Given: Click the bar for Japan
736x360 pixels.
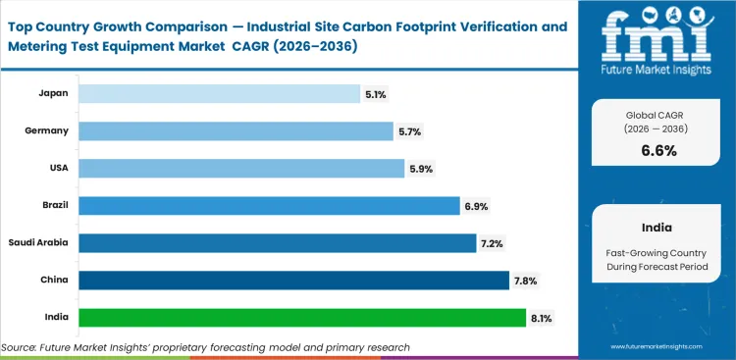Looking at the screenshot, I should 219,93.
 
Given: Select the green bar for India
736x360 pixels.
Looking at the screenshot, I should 302,318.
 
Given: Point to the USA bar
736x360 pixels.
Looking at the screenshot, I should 241,169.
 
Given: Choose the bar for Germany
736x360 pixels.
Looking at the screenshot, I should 237,130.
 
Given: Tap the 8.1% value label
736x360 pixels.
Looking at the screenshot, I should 541,318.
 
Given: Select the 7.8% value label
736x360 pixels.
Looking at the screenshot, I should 524,281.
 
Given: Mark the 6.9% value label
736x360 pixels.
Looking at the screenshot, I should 476,206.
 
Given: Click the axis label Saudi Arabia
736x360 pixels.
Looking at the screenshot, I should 39,243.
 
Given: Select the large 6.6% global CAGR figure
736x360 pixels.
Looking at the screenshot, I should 659,151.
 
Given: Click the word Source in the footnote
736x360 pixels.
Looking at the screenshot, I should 21,347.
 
